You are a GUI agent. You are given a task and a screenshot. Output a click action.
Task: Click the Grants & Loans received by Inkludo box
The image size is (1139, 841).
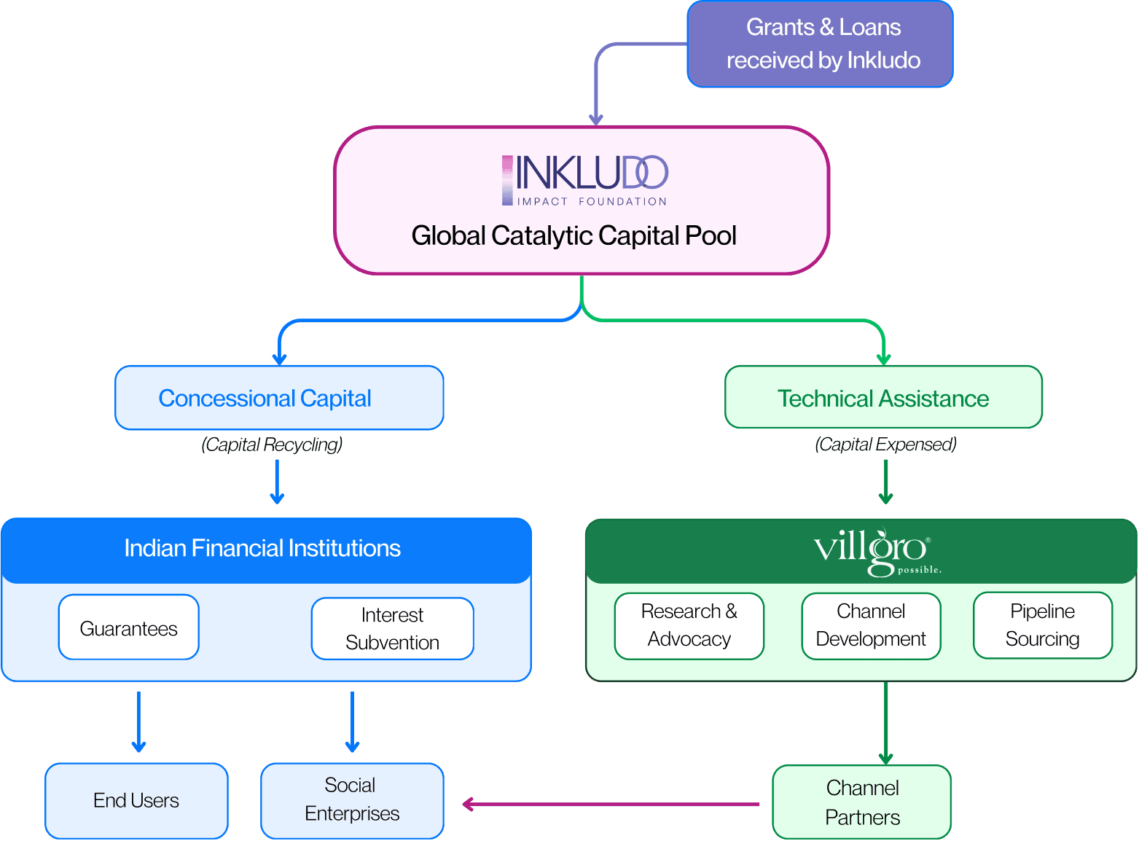point(820,44)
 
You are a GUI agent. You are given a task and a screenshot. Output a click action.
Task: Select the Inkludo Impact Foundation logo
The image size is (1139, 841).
point(585,180)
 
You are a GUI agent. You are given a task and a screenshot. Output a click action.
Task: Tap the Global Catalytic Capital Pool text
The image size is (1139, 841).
point(574,235)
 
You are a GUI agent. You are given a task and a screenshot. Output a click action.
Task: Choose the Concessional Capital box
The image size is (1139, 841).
point(279,398)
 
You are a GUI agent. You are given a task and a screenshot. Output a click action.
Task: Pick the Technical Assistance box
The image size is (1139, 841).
point(883,396)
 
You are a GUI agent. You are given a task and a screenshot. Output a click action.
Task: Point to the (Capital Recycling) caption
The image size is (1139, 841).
point(272,445)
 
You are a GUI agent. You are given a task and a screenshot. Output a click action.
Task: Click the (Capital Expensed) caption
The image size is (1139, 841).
point(885,445)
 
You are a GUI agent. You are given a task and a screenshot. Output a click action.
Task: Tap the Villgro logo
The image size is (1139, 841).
point(877,552)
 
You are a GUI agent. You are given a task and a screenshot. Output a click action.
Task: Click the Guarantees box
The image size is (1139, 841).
point(128,627)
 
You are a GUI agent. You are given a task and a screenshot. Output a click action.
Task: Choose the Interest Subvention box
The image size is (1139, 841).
point(392,628)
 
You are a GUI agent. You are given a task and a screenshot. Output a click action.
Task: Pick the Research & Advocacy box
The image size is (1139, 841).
point(689,626)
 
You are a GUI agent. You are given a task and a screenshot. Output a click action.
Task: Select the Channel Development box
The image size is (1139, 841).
point(871,626)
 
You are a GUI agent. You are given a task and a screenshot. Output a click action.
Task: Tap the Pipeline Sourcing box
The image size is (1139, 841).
point(1043,625)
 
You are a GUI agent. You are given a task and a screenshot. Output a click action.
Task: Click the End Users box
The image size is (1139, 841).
point(136,800)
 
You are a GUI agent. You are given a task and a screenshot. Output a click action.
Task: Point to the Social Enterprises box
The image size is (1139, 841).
point(352,800)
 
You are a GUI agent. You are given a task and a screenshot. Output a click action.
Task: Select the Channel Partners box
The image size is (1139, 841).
point(861,802)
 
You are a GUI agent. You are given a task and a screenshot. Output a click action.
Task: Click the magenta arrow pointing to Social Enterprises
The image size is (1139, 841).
point(611,804)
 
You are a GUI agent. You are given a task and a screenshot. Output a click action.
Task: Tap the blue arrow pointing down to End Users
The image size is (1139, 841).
point(138,721)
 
